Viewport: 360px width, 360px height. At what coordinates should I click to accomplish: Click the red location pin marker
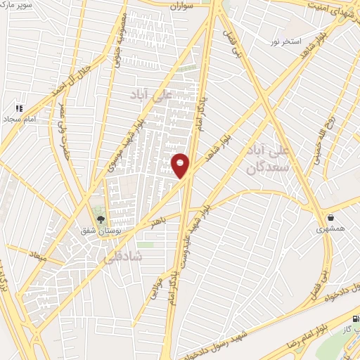181,165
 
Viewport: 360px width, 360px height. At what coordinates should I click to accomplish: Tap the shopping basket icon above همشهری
330,217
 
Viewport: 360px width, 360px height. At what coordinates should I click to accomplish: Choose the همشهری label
330,229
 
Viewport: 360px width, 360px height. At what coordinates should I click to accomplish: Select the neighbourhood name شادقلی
122,257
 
